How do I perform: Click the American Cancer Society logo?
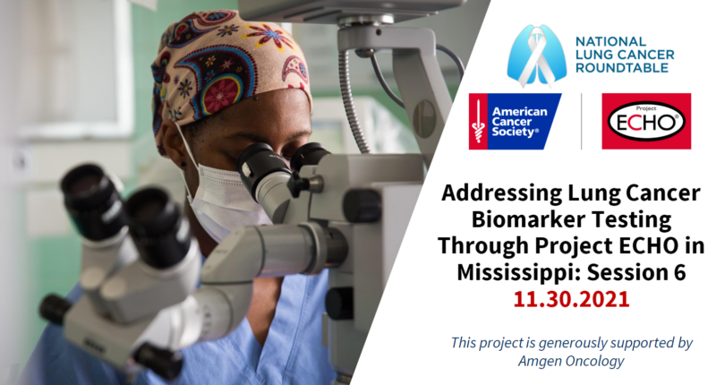(516, 122)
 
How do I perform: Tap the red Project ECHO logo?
(646, 122)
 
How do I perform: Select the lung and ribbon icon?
(536, 55)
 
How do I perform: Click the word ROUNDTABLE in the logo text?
(621, 68)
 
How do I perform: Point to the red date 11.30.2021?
(571, 299)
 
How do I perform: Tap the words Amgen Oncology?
(571, 361)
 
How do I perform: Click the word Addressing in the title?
(501, 193)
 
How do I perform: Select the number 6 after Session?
(679, 273)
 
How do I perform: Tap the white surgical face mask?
(219, 196)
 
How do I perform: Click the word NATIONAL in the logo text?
(610, 41)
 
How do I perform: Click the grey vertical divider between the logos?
(581, 122)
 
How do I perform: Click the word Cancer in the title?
(662, 193)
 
